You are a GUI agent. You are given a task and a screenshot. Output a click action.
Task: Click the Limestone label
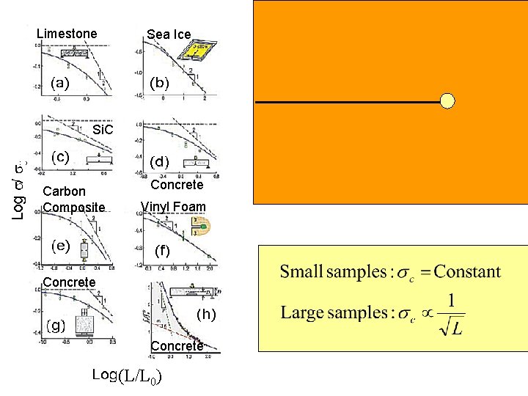(66, 34)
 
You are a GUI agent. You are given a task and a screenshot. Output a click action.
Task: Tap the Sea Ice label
(169, 34)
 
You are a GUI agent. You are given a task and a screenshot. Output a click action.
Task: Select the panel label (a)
(59, 83)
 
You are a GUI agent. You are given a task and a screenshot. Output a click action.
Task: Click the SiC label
(103, 131)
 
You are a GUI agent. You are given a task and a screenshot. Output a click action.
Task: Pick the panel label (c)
(59, 156)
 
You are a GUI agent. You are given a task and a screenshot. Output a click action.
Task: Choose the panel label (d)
(159, 161)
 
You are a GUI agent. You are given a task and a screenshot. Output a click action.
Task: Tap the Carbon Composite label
(74, 199)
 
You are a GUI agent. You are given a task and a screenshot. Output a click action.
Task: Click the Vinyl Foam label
(173, 207)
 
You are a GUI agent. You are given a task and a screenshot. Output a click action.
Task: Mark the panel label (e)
(59, 246)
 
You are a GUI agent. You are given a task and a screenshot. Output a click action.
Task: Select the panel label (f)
(162, 250)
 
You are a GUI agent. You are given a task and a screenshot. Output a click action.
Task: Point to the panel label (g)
(56, 323)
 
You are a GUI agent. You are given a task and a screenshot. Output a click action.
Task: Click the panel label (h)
(208, 315)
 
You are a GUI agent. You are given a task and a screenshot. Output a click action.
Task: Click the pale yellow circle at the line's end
(447, 101)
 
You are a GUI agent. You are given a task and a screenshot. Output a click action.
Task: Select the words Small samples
(327, 273)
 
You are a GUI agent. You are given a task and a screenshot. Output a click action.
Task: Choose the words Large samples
(327, 313)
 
